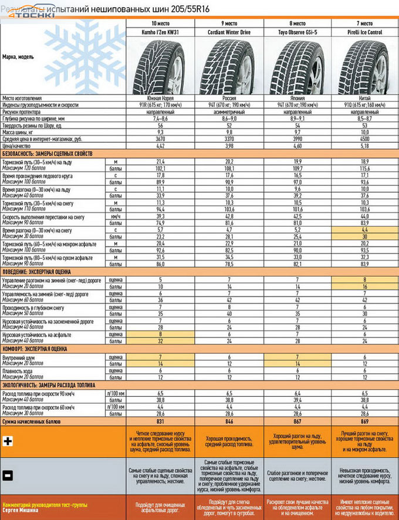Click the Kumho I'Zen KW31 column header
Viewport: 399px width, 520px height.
pyautogui.click(x=160, y=32)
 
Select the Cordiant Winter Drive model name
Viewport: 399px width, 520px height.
pyautogui.click(x=228, y=32)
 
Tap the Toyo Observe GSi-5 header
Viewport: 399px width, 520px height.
pyautogui.click(x=296, y=32)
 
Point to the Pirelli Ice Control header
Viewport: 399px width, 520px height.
pyautogui.click(x=364, y=32)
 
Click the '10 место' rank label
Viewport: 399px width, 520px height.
pyautogui.click(x=160, y=23)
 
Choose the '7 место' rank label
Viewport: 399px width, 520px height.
pyautogui.click(x=364, y=23)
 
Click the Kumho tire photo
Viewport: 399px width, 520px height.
pyautogui.click(x=160, y=65)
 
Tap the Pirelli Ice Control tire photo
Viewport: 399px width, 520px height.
pyautogui.click(x=364, y=65)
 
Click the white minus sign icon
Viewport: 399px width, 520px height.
pyautogui.click(x=8, y=475)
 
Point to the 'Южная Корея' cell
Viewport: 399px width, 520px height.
pyautogui.click(x=160, y=97)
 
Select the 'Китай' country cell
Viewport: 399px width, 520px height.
pyautogui.click(x=364, y=97)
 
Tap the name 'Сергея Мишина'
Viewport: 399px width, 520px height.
pyautogui.click(x=18, y=510)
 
